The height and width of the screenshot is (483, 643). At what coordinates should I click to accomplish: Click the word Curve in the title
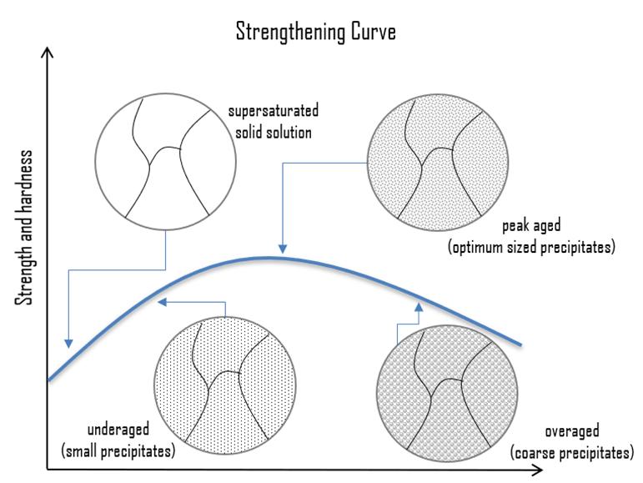[373, 32]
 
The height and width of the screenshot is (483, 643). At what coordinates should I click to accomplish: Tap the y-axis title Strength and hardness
[24, 228]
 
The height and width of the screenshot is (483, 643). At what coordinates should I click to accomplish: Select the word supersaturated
[273, 111]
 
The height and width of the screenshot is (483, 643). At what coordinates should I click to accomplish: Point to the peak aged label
[531, 226]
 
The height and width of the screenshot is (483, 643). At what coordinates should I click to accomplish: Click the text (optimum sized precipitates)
[531, 248]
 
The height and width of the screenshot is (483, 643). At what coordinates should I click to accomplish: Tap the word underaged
[118, 430]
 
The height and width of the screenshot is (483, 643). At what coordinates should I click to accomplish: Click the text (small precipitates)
[118, 451]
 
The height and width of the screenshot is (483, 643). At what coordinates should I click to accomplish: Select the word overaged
[571, 431]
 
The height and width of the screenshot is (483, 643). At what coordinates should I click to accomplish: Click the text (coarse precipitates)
[571, 453]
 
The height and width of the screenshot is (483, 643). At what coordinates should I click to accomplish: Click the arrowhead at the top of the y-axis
[48, 52]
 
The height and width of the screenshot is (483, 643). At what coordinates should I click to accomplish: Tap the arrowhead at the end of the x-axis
[539, 470]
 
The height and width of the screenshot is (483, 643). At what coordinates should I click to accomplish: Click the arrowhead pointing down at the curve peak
[283, 249]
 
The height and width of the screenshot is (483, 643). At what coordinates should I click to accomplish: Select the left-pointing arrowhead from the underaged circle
[163, 302]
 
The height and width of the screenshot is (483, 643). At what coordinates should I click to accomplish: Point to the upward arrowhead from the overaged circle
[419, 307]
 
